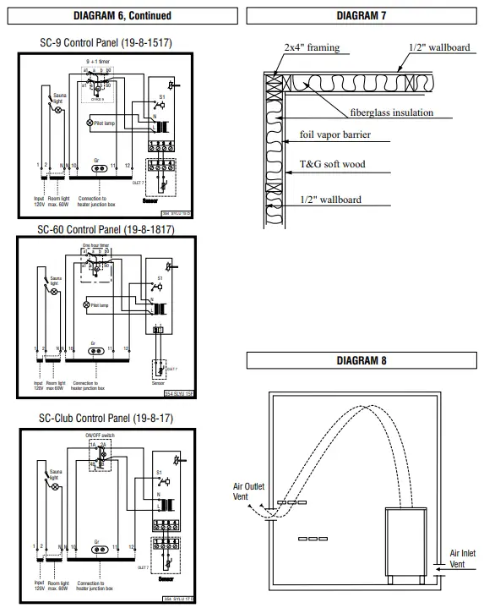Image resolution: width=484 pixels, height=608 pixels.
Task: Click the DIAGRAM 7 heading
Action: [362, 15]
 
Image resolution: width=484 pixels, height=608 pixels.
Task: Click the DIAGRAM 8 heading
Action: [362, 361]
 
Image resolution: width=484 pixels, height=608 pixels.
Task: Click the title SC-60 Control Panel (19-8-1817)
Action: [106, 229]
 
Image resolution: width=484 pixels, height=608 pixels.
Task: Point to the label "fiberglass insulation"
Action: [392, 112]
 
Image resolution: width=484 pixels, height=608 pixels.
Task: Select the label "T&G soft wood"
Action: [333, 167]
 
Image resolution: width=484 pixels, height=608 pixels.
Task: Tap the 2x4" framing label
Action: [313, 47]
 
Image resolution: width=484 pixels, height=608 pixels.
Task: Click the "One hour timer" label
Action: [97, 246]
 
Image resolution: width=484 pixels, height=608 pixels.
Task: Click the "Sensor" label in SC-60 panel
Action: [157, 382]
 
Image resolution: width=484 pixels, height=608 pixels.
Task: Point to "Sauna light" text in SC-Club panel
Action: [57, 475]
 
